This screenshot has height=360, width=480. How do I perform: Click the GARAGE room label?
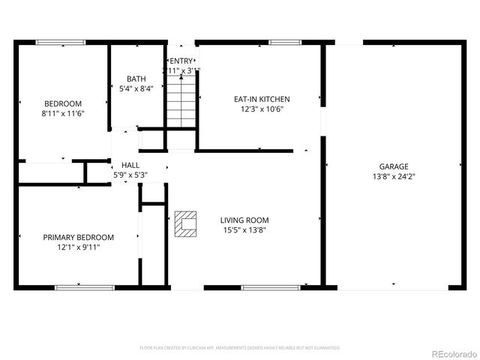click(393, 166)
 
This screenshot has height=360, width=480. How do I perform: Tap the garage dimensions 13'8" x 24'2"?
click(393, 177)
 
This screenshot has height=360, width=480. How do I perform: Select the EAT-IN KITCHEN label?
click(261, 99)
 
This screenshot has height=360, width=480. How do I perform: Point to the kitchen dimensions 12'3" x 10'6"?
click(261, 109)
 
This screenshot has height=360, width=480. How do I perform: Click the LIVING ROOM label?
click(244, 220)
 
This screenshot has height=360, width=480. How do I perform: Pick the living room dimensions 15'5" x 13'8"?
click(244, 230)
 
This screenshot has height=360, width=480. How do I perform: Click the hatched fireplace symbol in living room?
click(185, 224)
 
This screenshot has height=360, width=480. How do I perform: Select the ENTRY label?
click(181, 60)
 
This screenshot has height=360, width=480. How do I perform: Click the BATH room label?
click(136, 79)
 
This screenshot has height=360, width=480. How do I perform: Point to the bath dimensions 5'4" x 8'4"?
click(136, 88)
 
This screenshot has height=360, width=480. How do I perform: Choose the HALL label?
click(130, 165)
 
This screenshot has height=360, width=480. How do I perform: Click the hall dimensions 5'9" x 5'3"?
click(130, 175)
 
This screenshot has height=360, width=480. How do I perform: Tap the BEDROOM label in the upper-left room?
click(62, 103)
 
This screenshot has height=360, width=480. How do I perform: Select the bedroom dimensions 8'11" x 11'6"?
click(62, 114)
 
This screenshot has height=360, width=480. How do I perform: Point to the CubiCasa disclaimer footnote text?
click(240, 348)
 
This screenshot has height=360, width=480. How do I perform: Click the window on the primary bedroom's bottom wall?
click(85, 287)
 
